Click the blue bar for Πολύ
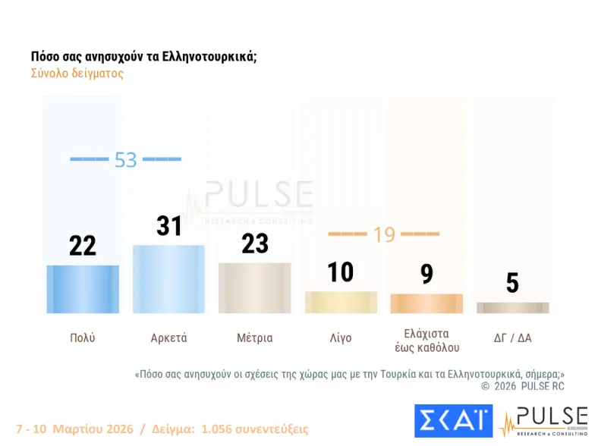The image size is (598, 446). (x=83, y=289)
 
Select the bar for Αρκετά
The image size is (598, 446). (x=168, y=279)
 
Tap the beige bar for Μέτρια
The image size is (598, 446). (x=254, y=288)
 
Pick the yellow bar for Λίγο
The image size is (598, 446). (x=341, y=302)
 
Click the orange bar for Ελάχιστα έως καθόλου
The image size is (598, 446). (x=426, y=303)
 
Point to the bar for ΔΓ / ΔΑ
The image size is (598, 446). (x=512, y=307)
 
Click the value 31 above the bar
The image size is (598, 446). (x=168, y=225)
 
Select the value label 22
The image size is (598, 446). (x=83, y=245)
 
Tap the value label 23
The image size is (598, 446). (x=254, y=243)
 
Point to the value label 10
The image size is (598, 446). (x=341, y=272)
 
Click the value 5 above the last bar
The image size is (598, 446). (x=512, y=283)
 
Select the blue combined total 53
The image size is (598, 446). (x=125, y=160)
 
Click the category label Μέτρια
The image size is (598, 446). (x=254, y=338)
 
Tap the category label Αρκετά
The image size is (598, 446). (x=168, y=338)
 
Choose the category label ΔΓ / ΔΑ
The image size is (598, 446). (x=512, y=338)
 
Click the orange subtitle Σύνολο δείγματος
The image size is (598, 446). (x=77, y=74)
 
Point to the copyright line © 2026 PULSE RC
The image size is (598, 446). (x=523, y=386)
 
